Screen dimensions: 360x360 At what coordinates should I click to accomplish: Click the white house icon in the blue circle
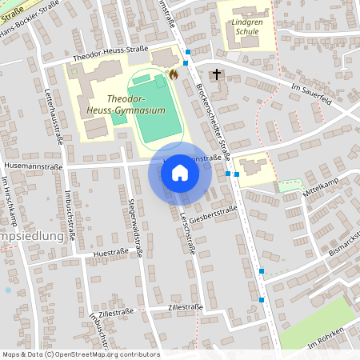coord(180,174)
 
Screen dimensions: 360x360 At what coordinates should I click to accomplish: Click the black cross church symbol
coord(216,74)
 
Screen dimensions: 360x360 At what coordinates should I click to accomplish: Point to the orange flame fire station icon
coord(172,74)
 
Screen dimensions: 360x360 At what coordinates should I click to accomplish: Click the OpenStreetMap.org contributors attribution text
coord(106,354)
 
